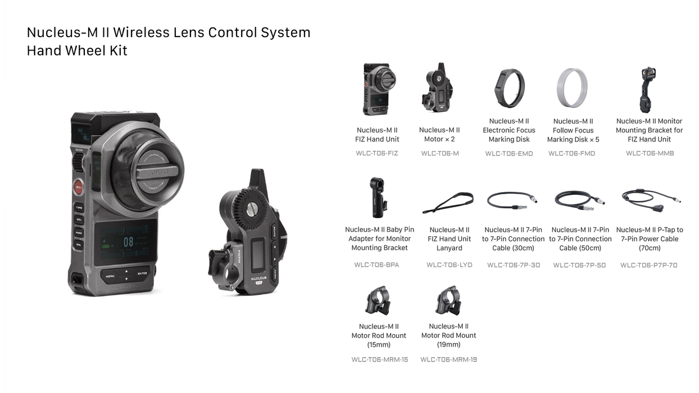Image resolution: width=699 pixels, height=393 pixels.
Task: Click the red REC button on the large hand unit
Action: pos(78,188)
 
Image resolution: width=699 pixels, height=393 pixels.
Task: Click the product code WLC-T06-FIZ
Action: pos(376,153)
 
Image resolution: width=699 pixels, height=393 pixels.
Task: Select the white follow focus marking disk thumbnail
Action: pos(572,89)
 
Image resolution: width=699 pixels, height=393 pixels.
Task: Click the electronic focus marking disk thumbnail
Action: pos(509,88)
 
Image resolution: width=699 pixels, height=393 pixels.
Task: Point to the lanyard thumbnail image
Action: pos(448,203)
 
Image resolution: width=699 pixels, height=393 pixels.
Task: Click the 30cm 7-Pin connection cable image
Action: pos(512,199)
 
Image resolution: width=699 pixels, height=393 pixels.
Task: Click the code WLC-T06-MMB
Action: pos(650,153)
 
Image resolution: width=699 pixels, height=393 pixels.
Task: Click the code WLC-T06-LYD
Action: pos(449,265)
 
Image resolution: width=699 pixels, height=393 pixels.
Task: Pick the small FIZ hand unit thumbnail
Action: pos(378,89)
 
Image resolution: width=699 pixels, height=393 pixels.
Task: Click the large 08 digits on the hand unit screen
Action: pos(128,242)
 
